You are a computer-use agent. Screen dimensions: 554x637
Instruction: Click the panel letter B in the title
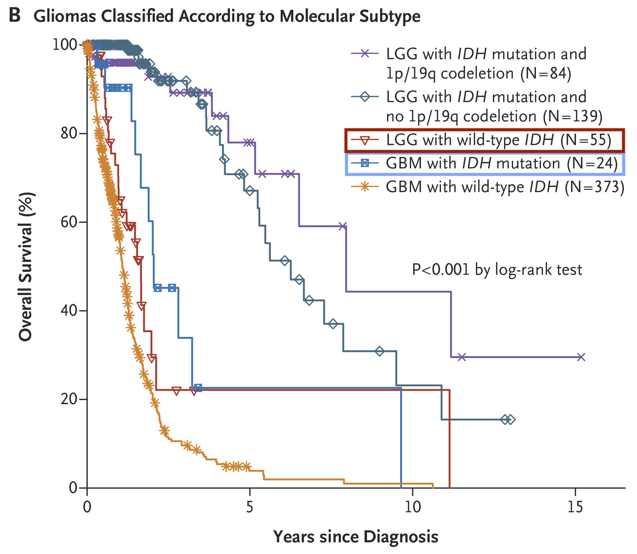click(15, 16)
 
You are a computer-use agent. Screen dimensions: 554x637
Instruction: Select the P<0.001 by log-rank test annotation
click(497, 270)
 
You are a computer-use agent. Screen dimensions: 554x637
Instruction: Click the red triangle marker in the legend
click(365, 140)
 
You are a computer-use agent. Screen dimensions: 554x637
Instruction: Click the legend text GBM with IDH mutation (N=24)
click(501, 164)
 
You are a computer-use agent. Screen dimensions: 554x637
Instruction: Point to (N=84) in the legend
click(546, 74)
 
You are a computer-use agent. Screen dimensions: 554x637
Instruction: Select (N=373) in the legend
click(595, 187)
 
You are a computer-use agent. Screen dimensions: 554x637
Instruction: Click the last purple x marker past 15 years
click(581, 357)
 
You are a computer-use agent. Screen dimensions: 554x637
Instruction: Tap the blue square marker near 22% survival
click(197, 388)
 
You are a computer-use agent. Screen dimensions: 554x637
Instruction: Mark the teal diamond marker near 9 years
click(379, 351)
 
